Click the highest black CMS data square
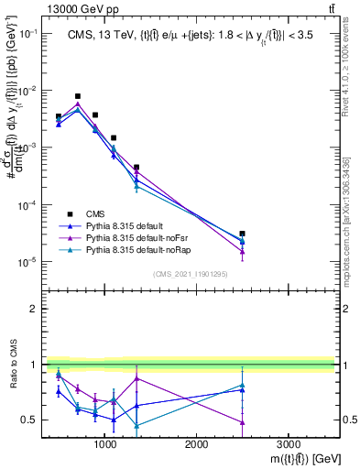click(78, 96)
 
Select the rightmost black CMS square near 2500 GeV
click(242, 234)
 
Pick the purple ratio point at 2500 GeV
click(242, 422)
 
